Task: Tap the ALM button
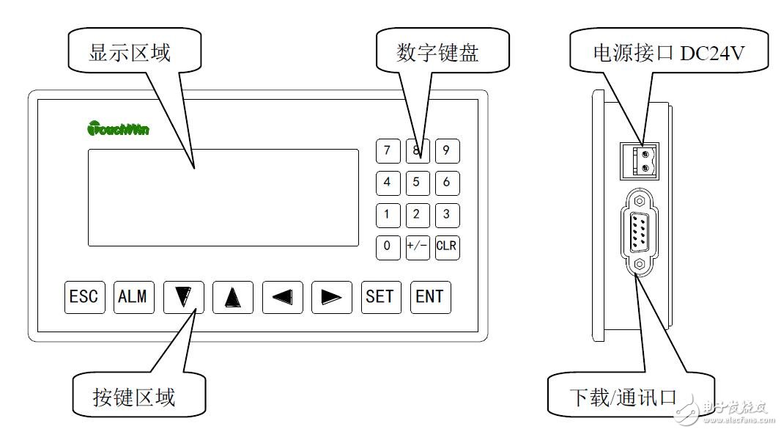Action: (133, 297)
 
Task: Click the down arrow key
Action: (183, 297)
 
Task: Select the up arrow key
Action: (233, 297)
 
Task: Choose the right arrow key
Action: (331, 297)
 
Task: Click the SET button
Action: (380, 297)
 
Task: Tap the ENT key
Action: (429, 297)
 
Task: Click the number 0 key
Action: (388, 246)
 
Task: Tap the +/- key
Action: (417, 246)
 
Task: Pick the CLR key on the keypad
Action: (446, 246)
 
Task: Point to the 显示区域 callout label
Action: (130, 54)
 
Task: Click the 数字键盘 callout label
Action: (437, 54)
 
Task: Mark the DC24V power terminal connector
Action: (639, 161)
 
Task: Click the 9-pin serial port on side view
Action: (640, 231)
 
